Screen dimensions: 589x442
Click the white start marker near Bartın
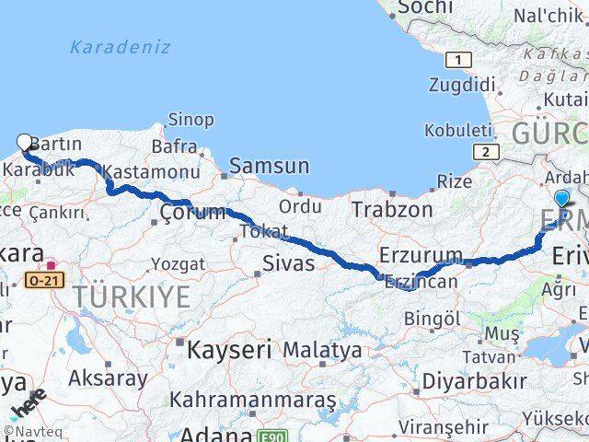point(24,142)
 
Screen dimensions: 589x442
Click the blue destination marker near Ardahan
point(562,197)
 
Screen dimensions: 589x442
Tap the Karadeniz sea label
point(120,47)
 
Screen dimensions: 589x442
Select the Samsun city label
point(269,166)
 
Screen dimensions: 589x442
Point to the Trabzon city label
point(391,210)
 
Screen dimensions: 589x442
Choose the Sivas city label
point(285,264)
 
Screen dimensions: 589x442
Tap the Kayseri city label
point(228,349)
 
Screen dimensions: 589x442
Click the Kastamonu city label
point(152,172)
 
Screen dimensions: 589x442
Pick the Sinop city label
point(191,121)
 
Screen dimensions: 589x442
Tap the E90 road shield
point(266,436)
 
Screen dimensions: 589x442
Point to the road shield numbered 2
point(485,151)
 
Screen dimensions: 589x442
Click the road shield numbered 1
point(454,60)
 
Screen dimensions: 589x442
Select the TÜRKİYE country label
point(132,297)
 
